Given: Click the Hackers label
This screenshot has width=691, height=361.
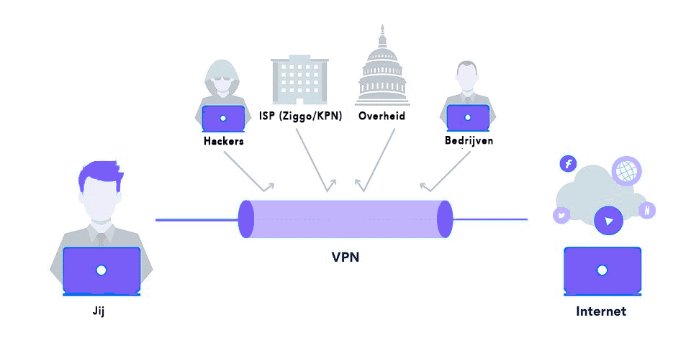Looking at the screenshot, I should (224, 141).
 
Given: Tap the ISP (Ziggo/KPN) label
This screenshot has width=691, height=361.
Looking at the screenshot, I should (300, 115).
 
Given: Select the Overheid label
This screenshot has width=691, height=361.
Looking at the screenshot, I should (381, 115).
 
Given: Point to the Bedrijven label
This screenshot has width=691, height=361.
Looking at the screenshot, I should (469, 140).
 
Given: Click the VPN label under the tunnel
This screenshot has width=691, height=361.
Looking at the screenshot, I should (345, 255).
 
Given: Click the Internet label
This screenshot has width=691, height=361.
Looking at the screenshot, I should (601, 311).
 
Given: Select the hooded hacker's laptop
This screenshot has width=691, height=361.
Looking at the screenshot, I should (223, 118).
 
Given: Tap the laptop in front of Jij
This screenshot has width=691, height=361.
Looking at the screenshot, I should (101, 271).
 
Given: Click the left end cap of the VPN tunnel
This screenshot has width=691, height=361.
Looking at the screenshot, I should (246, 219).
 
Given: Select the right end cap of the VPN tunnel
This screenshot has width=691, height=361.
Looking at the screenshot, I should (444, 219).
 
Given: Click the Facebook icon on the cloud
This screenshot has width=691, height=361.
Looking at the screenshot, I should (568, 165).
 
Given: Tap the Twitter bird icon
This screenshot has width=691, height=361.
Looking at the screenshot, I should (561, 214).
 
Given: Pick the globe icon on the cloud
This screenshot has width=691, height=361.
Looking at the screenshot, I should (625, 171).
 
